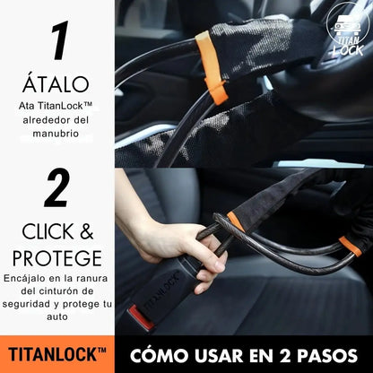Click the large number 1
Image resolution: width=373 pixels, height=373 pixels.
tap(59, 42)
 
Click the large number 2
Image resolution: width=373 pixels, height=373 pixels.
tap(57, 189)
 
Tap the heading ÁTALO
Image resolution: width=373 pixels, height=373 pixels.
tap(58, 84)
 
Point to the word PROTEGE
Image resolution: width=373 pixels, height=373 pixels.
tap(56, 257)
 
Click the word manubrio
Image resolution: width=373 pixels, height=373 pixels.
tap(57, 134)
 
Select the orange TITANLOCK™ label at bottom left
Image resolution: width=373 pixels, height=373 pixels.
tap(57, 354)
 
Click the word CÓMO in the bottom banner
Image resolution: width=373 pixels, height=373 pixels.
tap(162, 354)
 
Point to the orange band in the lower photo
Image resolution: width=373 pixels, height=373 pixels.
tap(235, 221)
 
